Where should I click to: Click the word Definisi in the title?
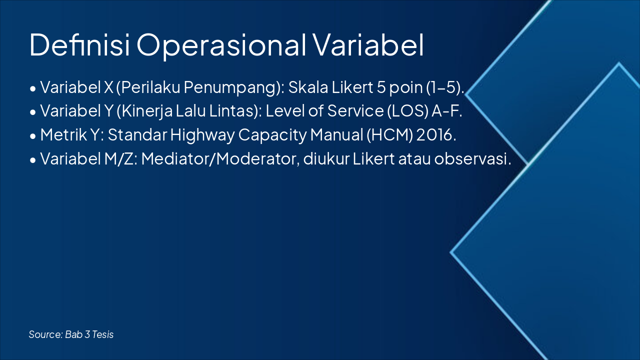[79, 45]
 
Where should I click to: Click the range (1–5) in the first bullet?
[445, 87]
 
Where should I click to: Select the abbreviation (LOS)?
[408, 111]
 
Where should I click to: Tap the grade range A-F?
[447, 111]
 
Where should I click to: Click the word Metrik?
[63, 134]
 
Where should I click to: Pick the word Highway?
[202, 135]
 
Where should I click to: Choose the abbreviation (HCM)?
[389, 135]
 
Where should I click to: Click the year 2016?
[436, 135]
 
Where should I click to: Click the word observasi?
[472, 159]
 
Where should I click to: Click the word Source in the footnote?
[45, 334]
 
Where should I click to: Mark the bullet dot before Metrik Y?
[33, 136]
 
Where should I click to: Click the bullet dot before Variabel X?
[33, 88]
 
